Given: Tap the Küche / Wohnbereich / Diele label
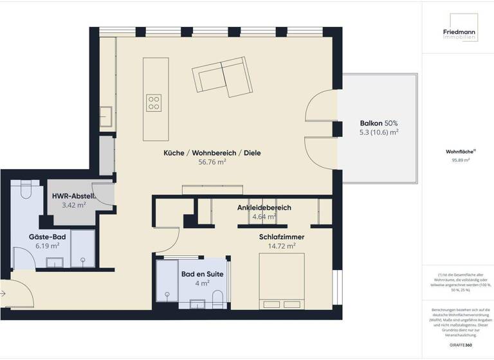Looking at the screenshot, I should [x=213, y=153].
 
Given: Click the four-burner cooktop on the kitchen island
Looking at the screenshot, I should [x=154, y=103].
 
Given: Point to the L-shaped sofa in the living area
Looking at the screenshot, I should [x=221, y=76].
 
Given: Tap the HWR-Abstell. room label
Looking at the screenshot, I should [x=73, y=196].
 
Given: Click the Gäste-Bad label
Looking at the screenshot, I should [x=47, y=237].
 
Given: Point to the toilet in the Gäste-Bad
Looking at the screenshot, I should [x=24, y=190].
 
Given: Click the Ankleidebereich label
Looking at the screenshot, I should [x=264, y=208].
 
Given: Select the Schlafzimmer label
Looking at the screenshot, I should [x=282, y=237].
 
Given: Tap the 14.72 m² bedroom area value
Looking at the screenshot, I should [x=282, y=246].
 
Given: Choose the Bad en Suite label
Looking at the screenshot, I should [x=202, y=274].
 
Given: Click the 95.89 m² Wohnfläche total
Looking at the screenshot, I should [x=457, y=161].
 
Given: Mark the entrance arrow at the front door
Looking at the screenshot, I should [x=4, y=293].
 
